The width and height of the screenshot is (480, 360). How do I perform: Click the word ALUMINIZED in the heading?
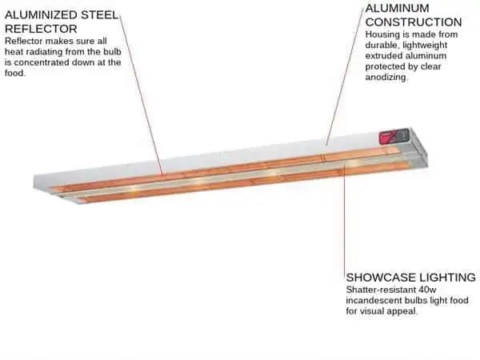point(41,15)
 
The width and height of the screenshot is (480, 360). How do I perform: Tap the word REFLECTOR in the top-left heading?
point(41,29)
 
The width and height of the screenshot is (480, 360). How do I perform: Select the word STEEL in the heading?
point(99,15)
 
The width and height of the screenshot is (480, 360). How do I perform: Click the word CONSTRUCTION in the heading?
point(414,22)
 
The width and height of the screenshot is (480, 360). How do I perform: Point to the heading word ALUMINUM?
point(397,8)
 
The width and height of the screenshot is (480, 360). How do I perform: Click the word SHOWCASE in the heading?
point(381,278)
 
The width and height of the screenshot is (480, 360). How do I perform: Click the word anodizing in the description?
point(386,78)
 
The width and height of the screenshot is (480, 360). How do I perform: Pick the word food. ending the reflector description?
point(14,73)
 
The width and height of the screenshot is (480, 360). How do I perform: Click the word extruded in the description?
point(384,56)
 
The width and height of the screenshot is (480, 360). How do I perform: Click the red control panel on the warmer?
point(394,136)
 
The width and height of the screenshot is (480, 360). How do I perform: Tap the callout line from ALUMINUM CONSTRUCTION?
point(346,76)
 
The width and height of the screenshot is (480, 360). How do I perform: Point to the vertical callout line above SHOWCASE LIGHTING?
point(344,218)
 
